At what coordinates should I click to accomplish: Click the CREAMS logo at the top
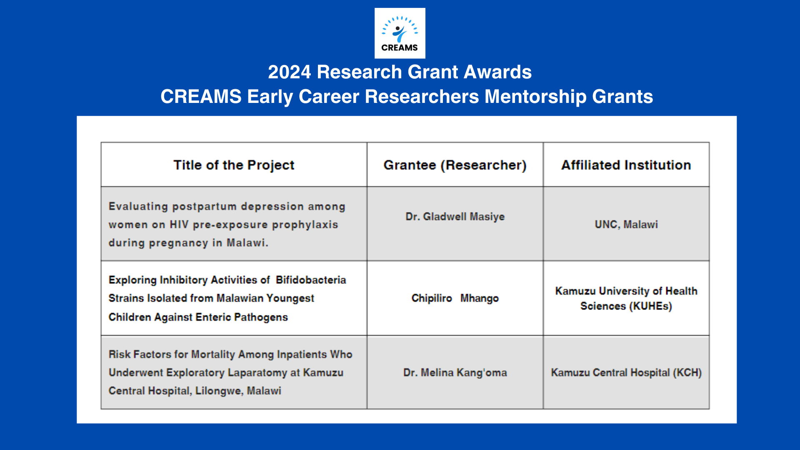400,33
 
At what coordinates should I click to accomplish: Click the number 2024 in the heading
290,72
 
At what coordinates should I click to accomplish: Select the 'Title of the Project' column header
234,165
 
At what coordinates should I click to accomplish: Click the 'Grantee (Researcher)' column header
455,165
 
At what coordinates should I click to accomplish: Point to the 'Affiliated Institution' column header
626,165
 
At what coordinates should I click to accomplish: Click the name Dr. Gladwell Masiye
455,217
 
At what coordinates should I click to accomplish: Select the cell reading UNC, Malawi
626,225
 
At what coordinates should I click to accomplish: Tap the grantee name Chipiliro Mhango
455,298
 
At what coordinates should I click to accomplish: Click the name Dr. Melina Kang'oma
455,372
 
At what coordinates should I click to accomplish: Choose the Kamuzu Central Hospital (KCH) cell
626,372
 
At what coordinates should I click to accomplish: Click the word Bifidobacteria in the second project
311,280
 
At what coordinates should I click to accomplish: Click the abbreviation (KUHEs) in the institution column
650,306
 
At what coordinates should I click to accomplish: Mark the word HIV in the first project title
179,225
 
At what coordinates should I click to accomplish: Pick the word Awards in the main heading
497,72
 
